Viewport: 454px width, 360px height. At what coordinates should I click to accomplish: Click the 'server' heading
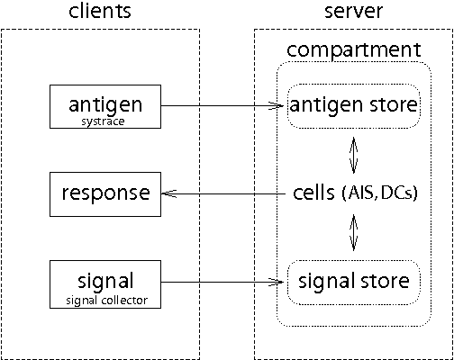coord(353,13)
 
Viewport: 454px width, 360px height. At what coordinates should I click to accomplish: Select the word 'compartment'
coord(353,49)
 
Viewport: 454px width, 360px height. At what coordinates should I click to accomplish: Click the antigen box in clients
coord(105,106)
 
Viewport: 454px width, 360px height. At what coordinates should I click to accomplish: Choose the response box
coord(105,193)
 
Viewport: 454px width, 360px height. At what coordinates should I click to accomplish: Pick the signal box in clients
coord(105,283)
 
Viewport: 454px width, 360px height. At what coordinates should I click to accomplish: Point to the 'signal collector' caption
coord(105,299)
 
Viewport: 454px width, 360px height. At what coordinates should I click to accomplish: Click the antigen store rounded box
coord(353,106)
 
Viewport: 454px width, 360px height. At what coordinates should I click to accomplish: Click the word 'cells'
coord(314,193)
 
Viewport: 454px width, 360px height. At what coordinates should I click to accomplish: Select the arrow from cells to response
coord(225,193)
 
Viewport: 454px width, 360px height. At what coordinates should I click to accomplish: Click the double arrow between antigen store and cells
coord(353,153)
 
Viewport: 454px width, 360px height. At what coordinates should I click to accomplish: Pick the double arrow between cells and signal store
coord(353,235)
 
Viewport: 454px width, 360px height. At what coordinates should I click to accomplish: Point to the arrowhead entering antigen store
coord(280,105)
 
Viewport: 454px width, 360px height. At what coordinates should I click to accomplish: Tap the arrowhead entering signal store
coord(280,283)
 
